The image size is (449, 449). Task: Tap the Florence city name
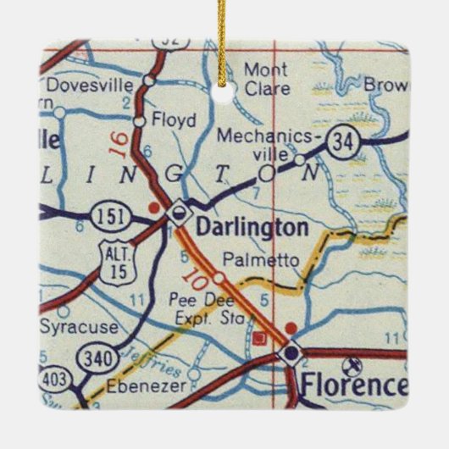[352, 385]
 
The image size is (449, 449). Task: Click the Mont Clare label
[267, 78]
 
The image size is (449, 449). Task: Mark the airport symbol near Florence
[353, 365]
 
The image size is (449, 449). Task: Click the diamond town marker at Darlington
[178, 213]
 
